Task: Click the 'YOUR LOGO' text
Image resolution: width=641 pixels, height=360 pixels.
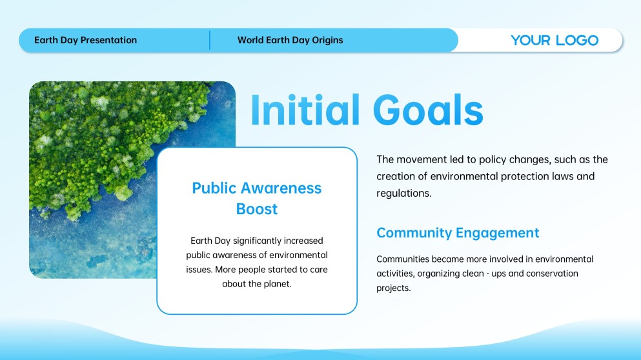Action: pyautogui.click(x=555, y=40)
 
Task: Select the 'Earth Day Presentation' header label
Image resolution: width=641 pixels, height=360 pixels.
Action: pyautogui.click(x=85, y=40)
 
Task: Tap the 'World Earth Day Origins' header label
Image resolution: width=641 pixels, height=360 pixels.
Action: pyautogui.click(x=290, y=40)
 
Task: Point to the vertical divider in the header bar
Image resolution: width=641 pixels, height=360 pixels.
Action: pyautogui.click(x=210, y=40)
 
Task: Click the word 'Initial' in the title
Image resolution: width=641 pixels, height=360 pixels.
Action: pyautogui.click(x=305, y=110)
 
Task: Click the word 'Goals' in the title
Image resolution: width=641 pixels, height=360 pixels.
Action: pyautogui.click(x=428, y=110)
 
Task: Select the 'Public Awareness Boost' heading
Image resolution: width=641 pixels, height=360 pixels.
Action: pyautogui.click(x=257, y=198)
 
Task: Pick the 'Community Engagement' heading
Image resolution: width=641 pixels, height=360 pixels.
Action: pyautogui.click(x=458, y=232)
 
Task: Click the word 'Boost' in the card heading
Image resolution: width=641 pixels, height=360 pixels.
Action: pyautogui.click(x=257, y=209)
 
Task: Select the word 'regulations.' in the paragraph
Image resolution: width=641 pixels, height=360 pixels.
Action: pyautogui.click(x=404, y=194)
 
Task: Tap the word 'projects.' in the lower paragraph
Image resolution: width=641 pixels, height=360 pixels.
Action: pyautogui.click(x=394, y=288)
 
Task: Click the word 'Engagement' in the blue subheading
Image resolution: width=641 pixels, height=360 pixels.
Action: pyautogui.click(x=498, y=232)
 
